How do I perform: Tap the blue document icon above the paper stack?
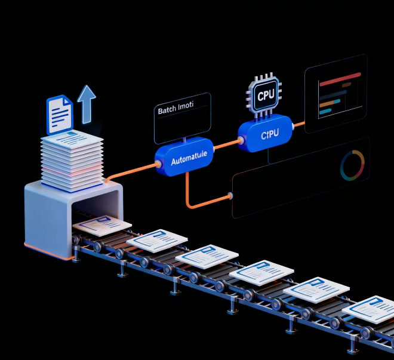pos(60,113)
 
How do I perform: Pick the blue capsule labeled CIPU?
pos(267,134)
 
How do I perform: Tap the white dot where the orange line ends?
pos(230,196)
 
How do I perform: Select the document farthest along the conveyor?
pos(373,309)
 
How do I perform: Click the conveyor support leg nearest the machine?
pos(78,255)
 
